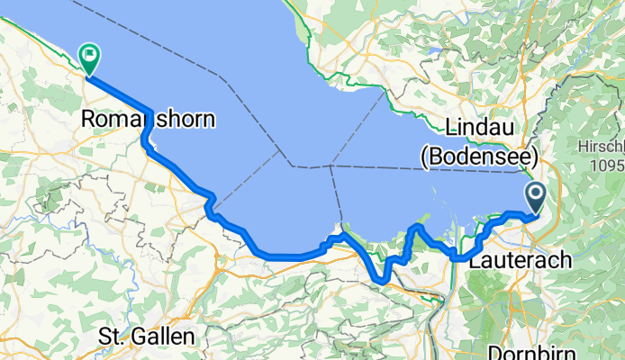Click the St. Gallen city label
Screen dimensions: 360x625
pos(147,337)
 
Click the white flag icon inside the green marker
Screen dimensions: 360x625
pos(90,55)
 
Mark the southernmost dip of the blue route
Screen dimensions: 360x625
pos(383,281)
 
